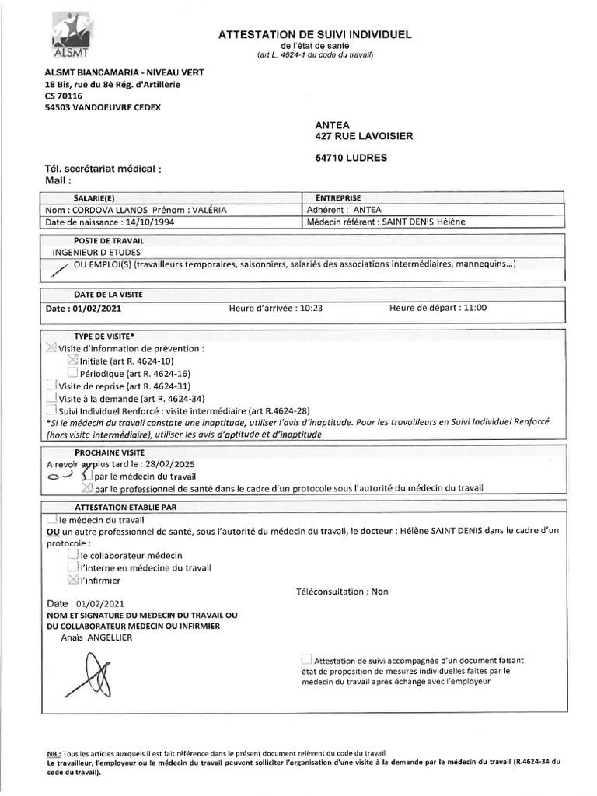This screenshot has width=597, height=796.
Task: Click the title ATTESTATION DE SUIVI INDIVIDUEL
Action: point(315,34)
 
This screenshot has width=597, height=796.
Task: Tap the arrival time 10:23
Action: point(310,308)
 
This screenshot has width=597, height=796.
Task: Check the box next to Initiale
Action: point(73,360)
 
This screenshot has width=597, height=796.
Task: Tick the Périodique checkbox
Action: point(73,373)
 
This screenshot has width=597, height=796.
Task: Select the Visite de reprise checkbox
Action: point(51,386)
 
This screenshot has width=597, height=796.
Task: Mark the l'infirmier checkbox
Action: point(73,579)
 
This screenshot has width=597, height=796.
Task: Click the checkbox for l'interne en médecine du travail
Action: point(73,567)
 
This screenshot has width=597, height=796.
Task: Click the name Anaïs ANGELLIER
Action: point(97,637)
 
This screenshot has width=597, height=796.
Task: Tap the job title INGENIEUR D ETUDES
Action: point(96,252)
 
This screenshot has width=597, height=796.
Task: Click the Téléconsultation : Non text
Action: point(342,592)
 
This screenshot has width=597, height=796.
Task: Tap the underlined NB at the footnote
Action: point(53,754)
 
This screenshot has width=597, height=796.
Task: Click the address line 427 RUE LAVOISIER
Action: point(364,136)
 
